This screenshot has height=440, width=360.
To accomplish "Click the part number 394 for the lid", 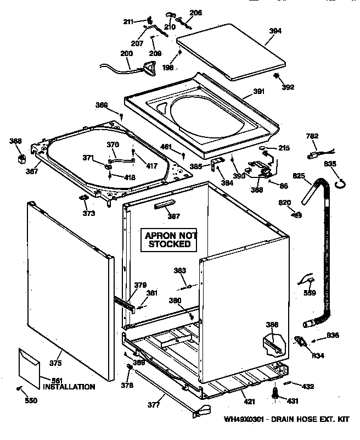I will coord(275,31).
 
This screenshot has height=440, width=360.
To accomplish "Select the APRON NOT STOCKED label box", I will coord(169,240).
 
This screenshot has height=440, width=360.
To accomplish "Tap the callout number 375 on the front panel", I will coord(55,363).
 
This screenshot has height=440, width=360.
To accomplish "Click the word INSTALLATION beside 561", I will coord(69,387).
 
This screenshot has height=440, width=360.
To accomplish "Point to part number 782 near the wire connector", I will coord(312,136).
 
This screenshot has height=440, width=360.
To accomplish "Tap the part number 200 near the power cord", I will coord(126,54).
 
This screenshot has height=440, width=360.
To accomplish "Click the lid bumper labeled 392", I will coord(277,76).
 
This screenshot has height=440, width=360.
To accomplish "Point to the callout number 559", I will coord(309,293).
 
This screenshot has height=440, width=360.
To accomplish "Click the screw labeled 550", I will coord(20,389).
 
